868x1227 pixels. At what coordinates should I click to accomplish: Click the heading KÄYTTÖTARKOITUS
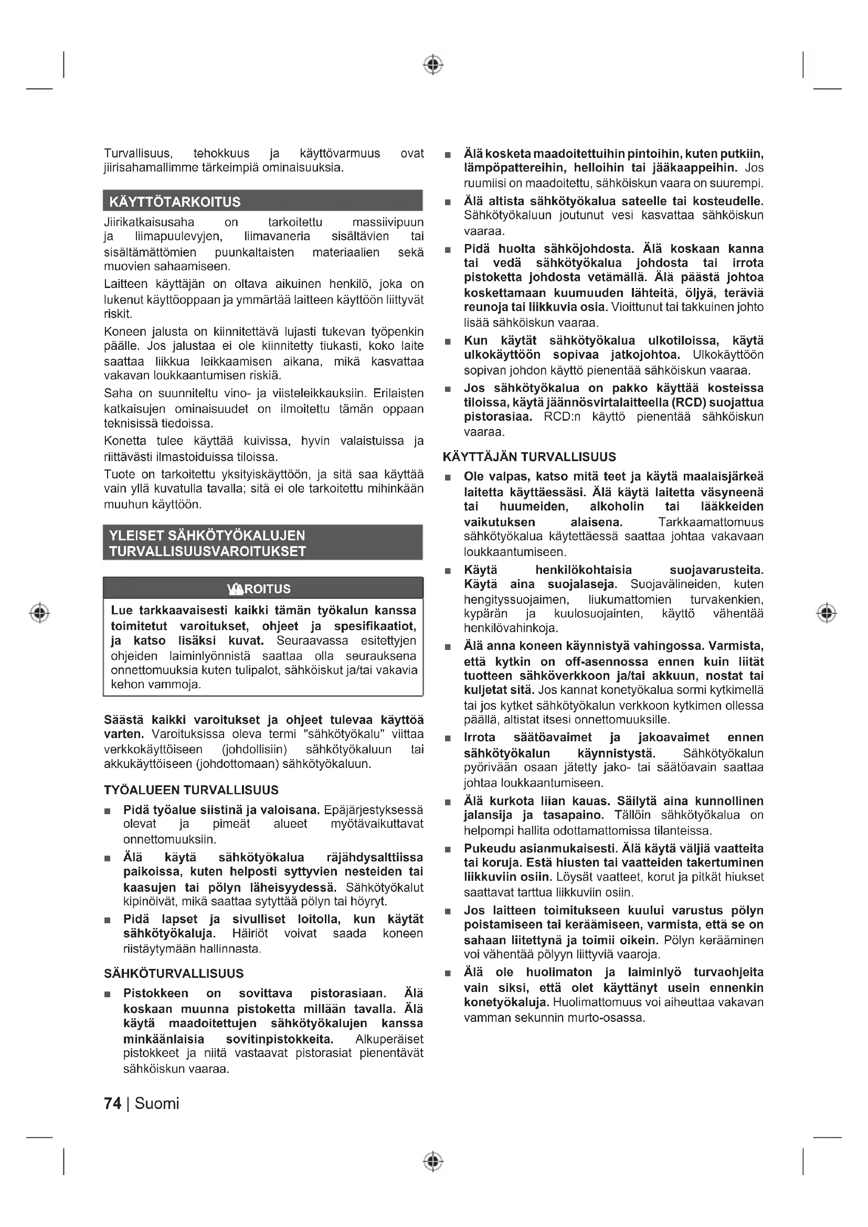coord(175,202)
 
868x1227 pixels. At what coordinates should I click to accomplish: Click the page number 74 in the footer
coord(112,1104)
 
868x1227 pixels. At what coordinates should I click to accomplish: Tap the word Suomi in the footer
coord(156,1104)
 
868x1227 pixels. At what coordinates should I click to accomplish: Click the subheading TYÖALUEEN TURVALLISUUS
coord(191,790)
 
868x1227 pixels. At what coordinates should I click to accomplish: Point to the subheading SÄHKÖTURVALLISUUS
coord(174,973)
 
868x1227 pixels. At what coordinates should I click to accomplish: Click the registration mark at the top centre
coord(433,65)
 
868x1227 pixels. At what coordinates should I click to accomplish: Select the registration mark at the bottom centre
coord(433,1161)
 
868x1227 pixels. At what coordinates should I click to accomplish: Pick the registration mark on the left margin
coord(39,612)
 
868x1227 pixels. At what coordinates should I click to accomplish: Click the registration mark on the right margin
coord(827,612)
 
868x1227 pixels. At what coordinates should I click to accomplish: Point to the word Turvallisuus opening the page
coord(138,154)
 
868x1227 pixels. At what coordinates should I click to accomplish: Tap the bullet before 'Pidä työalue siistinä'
coord(108,811)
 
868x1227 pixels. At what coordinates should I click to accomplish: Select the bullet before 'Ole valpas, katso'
coord(448,477)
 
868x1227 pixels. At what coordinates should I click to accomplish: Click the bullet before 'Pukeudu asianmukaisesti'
coord(448,849)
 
